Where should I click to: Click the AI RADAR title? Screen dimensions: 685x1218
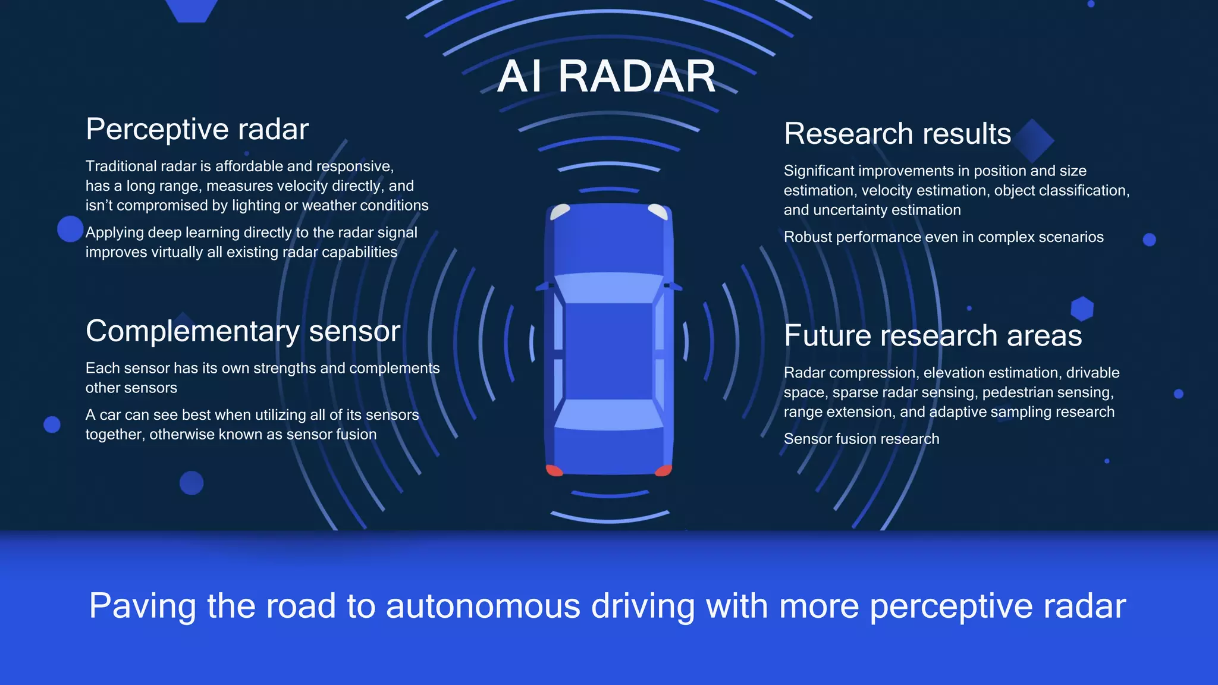point(607,77)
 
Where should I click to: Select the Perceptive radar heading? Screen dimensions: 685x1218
point(197,129)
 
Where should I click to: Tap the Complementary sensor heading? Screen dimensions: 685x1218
point(243,331)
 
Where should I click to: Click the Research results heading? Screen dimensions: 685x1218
point(897,133)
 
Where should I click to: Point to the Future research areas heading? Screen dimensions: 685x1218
point(933,335)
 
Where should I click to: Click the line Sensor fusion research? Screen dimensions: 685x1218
point(861,439)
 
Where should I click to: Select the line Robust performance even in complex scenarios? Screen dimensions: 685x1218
point(943,237)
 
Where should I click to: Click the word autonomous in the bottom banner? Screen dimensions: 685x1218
point(483,606)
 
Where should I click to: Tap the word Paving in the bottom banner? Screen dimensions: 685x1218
point(142,606)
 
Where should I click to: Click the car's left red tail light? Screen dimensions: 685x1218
point(554,470)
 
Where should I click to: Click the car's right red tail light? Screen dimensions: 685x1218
point(663,470)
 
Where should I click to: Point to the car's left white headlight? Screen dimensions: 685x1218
point(560,212)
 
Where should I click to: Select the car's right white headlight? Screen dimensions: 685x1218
point(658,212)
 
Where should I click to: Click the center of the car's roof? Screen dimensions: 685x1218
point(609,351)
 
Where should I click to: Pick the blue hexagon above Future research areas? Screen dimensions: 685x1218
point(1082,309)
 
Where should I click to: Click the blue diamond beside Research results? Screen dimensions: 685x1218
point(1034,140)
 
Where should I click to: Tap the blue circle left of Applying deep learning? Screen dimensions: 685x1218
point(70,229)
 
